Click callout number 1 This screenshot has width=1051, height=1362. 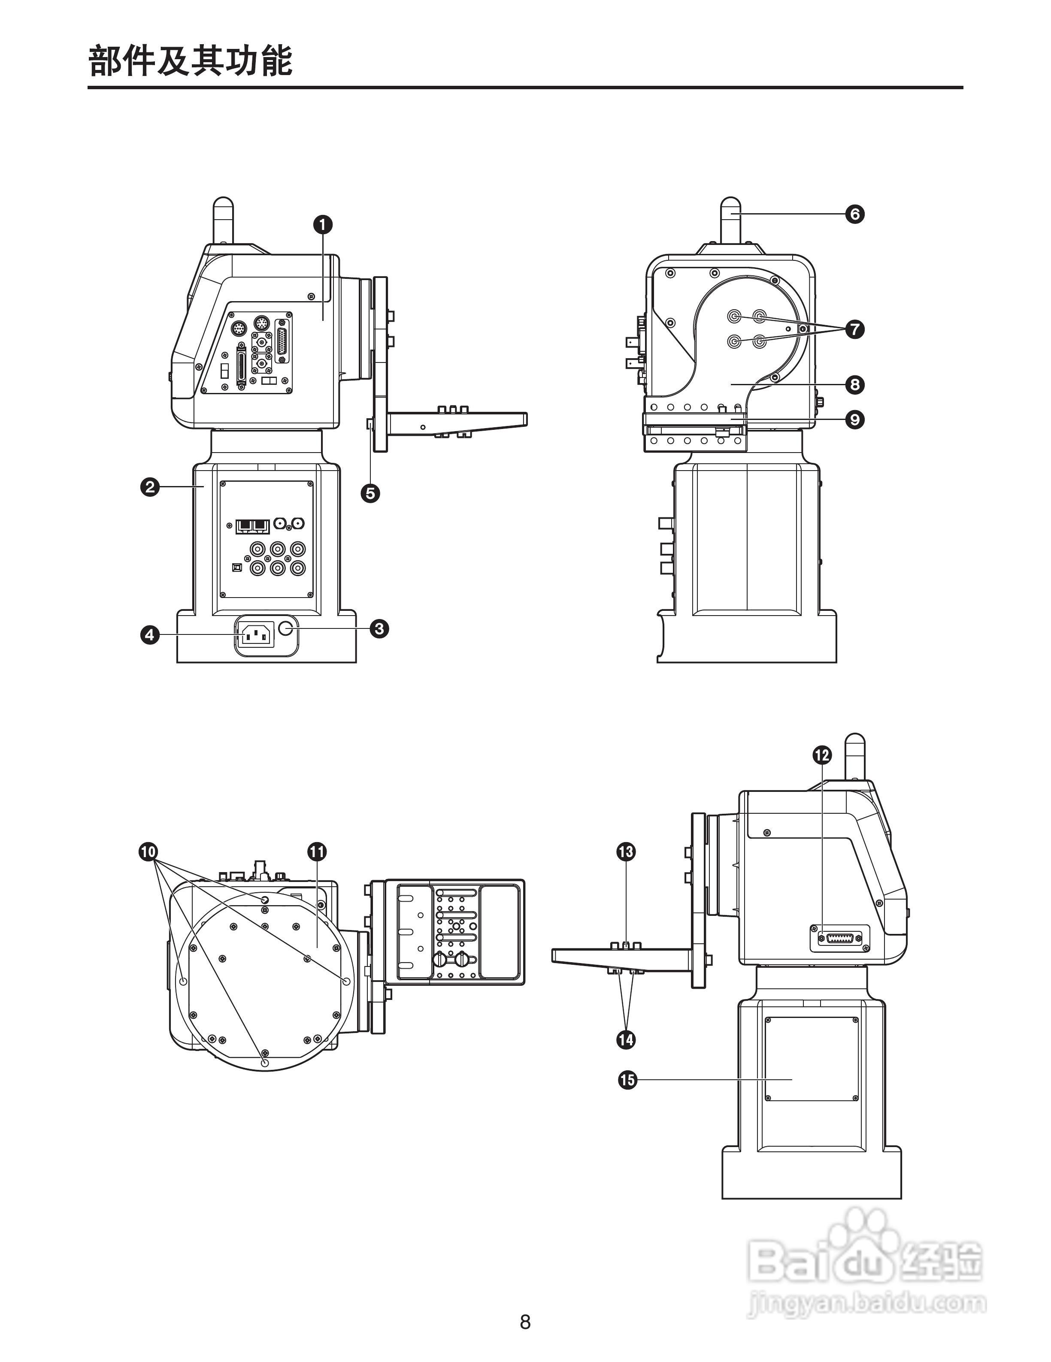point(322,224)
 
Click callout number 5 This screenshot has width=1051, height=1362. point(370,493)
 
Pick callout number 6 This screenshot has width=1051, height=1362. point(854,214)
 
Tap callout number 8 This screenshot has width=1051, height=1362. point(854,385)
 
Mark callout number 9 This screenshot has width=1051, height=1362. point(854,420)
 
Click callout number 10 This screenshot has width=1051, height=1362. point(148,851)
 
